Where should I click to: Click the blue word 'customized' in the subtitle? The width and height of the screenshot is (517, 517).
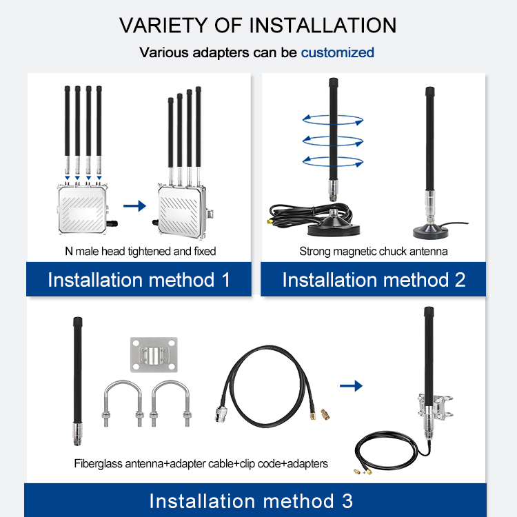[337, 53]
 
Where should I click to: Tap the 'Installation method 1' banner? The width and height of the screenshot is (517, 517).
[139, 279]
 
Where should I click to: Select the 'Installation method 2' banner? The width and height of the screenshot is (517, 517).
[373, 279]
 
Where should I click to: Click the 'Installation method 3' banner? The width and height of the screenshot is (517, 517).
[255, 500]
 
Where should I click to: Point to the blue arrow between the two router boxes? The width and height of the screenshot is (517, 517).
[134, 206]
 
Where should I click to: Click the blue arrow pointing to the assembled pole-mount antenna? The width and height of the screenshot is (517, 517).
[351, 386]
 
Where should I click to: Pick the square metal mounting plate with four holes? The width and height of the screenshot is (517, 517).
[154, 355]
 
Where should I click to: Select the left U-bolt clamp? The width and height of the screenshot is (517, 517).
[123, 403]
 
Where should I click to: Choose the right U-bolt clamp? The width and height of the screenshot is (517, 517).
[170, 403]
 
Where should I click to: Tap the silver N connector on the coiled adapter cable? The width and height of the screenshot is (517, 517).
[221, 414]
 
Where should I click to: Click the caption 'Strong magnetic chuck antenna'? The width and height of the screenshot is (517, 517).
[374, 252]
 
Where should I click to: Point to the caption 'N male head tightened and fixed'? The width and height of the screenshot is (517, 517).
[141, 251]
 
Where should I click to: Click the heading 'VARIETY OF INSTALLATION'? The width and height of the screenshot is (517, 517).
[258, 26]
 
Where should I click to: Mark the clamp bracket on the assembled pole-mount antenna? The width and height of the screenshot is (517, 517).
[435, 405]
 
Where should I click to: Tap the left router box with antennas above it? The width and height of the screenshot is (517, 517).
[83, 210]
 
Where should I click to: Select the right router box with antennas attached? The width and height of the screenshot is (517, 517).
[183, 211]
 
